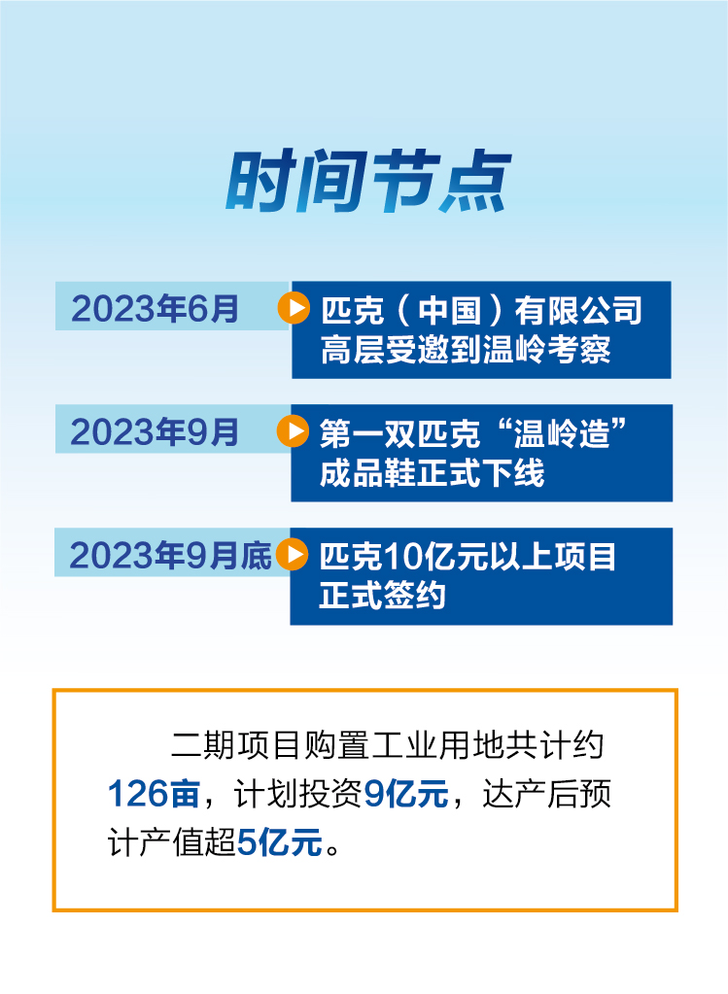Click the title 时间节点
[x=368, y=182]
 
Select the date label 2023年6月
[x=156, y=309]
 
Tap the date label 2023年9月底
[x=171, y=556]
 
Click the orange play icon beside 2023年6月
[x=294, y=308]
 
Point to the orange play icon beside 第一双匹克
[x=293, y=431]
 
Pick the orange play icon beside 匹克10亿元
[x=293, y=554]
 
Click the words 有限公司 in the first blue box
[x=578, y=311]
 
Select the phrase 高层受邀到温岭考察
[x=466, y=350]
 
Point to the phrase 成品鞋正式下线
[x=432, y=473]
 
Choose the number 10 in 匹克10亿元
[x=400, y=557]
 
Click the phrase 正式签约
[x=382, y=596]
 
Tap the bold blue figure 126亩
[x=155, y=794]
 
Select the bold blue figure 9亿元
[x=406, y=794]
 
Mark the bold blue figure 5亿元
[x=279, y=842]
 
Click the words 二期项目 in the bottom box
[x=236, y=745]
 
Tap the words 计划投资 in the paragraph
[x=298, y=794]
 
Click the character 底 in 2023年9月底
[x=257, y=556]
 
